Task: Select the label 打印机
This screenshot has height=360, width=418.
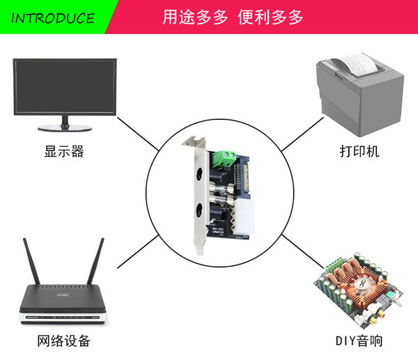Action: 359,151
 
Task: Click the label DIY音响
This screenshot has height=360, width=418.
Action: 359,341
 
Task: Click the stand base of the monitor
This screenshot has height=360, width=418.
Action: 65,128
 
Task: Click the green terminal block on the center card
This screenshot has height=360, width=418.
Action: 224,157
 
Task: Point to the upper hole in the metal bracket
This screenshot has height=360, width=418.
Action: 201,173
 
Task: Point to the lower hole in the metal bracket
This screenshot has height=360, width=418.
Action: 201,210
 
